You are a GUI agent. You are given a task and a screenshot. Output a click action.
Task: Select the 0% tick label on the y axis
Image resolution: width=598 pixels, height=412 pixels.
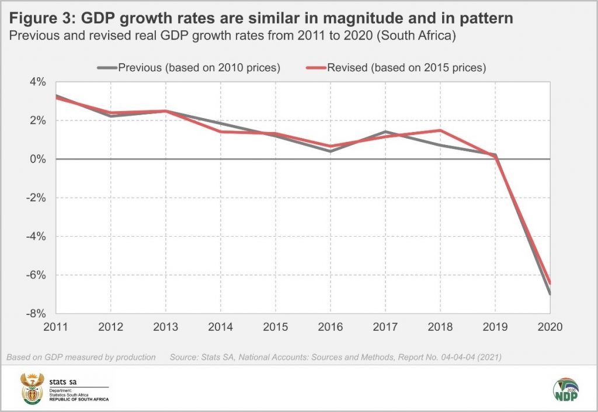[x=37, y=159]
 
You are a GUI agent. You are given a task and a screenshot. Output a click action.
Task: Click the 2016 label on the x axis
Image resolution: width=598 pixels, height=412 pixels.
[x=331, y=327]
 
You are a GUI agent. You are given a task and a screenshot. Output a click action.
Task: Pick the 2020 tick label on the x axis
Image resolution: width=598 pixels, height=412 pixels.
[x=550, y=327]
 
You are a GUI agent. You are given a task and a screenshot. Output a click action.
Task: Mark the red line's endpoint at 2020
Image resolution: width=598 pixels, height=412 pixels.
[x=550, y=283]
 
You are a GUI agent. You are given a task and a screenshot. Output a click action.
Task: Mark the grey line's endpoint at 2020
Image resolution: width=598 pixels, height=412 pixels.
[x=550, y=293]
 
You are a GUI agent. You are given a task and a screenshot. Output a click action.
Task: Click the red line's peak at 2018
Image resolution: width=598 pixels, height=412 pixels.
[x=440, y=130]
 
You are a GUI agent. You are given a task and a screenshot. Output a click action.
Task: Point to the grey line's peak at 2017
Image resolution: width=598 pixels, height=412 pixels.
[x=385, y=132]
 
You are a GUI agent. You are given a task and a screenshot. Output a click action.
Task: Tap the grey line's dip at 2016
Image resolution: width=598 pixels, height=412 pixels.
[x=331, y=151]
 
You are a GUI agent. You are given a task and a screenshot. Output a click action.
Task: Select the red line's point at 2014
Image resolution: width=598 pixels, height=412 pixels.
[x=221, y=131]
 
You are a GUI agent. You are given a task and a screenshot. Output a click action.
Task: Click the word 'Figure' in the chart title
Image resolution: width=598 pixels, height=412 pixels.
[x=36, y=18]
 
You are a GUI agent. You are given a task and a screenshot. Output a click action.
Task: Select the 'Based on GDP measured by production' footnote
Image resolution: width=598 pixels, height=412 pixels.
[x=81, y=356]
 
